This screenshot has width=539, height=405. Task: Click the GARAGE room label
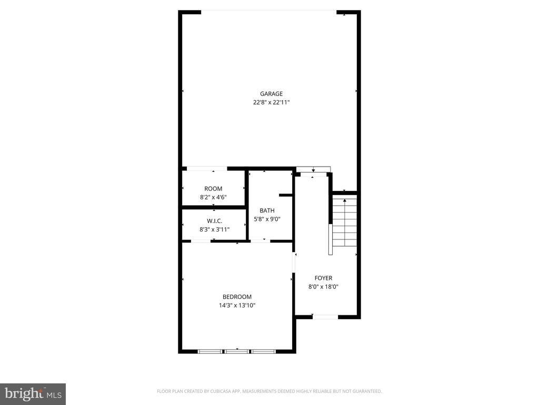pyautogui.click(x=271, y=94)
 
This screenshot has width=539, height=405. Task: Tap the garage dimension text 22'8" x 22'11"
pyautogui.click(x=271, y=103)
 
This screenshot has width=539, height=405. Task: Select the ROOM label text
pyautogui.click(x=213, y=189)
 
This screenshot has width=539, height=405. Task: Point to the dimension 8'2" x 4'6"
pyautogui.click(x=213, y=197)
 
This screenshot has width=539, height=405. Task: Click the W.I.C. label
pyautogui.click(x=214, y=221)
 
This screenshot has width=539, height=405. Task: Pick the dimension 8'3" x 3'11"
pyautogui.click(x=214, y=229)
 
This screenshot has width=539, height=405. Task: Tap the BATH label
pyautogui.click(x=267, y=210)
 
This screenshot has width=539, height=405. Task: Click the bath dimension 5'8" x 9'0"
pyautogui.click(x=267, y=219)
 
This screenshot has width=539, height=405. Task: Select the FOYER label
pyautogui.click(x=323, y=278)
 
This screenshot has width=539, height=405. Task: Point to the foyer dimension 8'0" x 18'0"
pyautogui.click(x=323, y=287)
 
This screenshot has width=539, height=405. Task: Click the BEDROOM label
pyautogui.click(x=237, y=297)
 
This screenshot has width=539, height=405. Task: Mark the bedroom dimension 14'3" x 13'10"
pyautogui.click(x=237, y=305)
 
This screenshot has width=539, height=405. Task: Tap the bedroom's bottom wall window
pyautogui.click(x=236, y=351)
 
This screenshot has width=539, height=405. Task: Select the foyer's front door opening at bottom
pyautogui.click(x=325, y=317)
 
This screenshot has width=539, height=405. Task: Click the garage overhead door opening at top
pyautogui.click(x=268, y=12)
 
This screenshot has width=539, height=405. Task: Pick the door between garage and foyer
pyautogui.click(x=313, y=169)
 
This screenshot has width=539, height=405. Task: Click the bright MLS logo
pyautogui.click(x=33, y=393)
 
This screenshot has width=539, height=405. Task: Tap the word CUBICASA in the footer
pyautogui.click(x=217, y=391)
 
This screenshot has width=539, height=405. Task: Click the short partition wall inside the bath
pyautogui.click(x=285, y=195)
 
